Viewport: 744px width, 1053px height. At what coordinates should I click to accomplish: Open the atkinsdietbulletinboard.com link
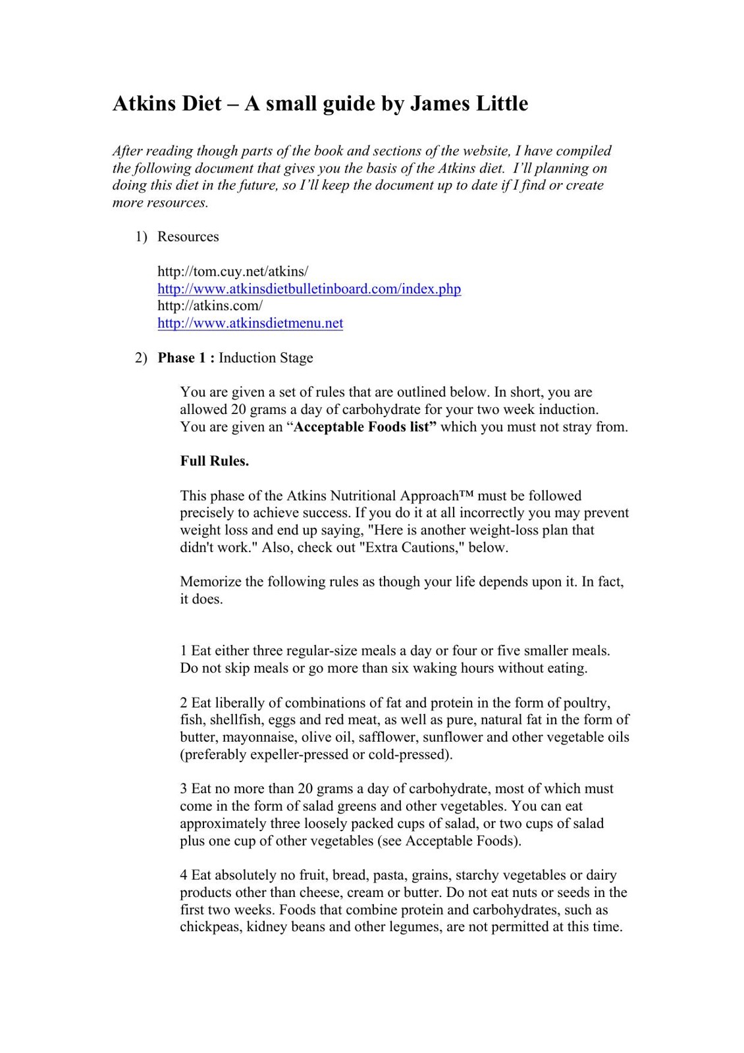pos(309,289)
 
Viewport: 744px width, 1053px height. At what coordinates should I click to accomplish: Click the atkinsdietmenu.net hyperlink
pos(250,323)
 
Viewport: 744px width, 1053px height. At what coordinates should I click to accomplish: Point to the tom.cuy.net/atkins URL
pos(232,271)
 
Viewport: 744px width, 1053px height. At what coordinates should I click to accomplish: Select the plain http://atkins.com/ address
pos(210,306)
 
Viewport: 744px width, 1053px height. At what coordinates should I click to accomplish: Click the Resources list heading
pos(188,237)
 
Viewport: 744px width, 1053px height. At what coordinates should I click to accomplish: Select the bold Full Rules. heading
pos(215,461)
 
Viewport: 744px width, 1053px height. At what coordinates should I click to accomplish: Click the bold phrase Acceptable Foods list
pos(365,427)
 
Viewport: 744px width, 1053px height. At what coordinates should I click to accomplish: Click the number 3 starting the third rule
pos(184,789)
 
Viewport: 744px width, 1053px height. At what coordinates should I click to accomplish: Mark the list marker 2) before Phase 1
pos(141,358)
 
